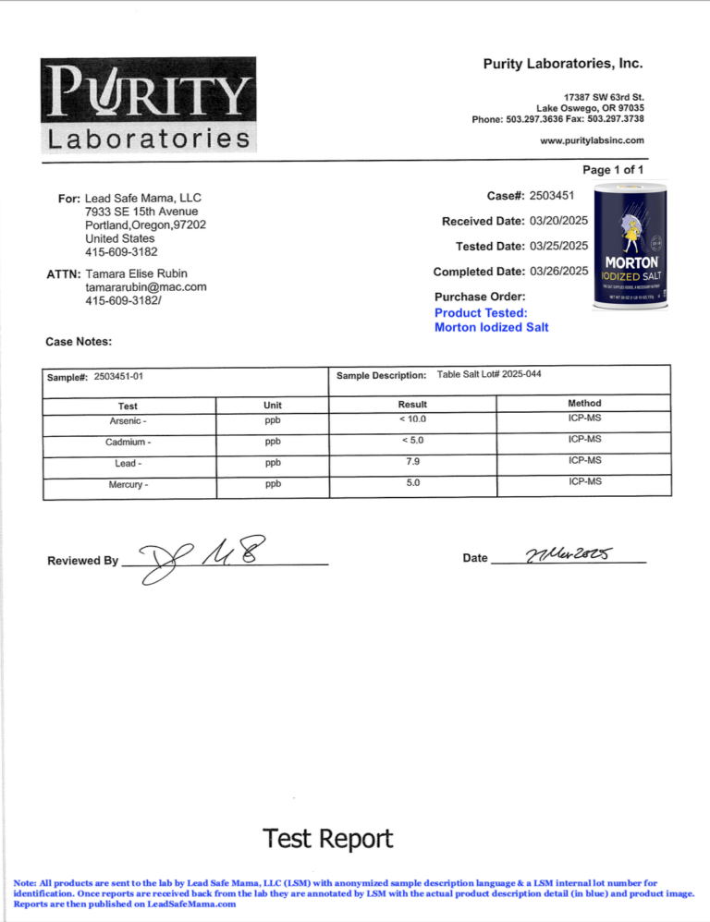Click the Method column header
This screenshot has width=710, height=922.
tap(584, 403)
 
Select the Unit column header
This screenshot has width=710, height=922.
tap(272, 404)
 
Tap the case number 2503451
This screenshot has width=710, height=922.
tap(558, 195)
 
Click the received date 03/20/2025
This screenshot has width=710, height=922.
tap(558, 221)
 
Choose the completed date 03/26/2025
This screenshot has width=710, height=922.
tap(558, 271)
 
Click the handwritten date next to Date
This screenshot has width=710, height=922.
tap(564, 555)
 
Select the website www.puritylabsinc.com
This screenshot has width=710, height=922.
tap(592, 140)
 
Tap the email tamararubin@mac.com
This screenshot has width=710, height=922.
tap(145, 287)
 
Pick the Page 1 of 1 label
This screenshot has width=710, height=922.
tap(613, 170)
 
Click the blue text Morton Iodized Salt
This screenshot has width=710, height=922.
tap(491, 327)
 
